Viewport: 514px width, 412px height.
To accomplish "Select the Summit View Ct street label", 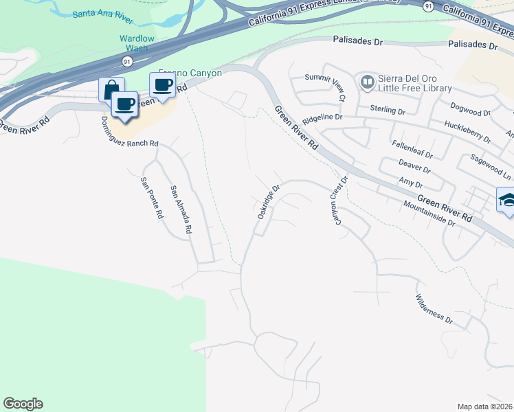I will pyautogui.click(x=326, y=86).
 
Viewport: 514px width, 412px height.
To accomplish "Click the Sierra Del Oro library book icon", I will pyautogui.click(x=367, y=82).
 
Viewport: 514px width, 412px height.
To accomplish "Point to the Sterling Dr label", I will pyautogui.click(x=389, y=109).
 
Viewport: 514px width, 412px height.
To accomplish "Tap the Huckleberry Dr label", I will pyautogui.click(x=467, y=131).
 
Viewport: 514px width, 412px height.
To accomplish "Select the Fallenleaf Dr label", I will pyautogui.click(x=412, y=148).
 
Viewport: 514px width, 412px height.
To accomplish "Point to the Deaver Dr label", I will pyautogui.click(x=414, y=165).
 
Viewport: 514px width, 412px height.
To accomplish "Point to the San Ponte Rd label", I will pyautogui.click(x=151, y=198).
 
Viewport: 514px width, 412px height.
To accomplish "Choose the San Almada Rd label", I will pyautogui.click(x=180, y=210).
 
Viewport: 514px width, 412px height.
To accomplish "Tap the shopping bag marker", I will pyautogui.click(x=111, y=89).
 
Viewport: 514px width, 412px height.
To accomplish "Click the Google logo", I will pyautogui.click(x=23, y=404).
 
